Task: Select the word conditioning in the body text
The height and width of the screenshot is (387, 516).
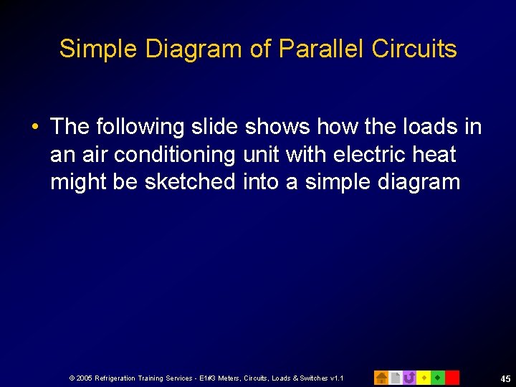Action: [168, 154]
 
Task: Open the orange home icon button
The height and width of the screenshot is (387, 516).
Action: [381, 377]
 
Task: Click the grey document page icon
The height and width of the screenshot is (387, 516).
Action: [396, 377]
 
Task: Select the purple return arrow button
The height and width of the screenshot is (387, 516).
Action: [409, 377]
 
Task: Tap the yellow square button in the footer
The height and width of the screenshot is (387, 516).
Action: [424, 377]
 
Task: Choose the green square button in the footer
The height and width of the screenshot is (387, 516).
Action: [437, 377]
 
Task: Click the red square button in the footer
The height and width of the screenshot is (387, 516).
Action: [451, 377]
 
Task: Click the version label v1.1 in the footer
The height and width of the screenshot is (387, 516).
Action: [336, 378]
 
